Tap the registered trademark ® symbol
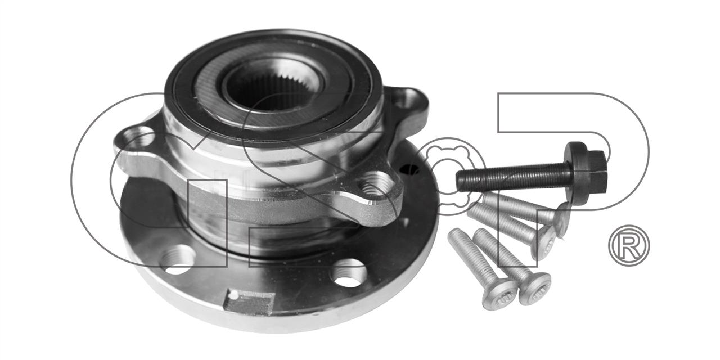[x=629, y=246]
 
